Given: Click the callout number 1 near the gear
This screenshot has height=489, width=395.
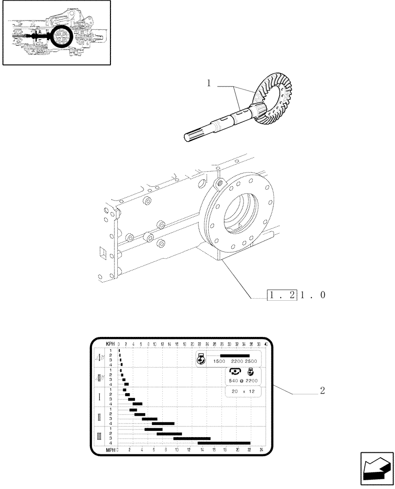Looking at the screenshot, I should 209,84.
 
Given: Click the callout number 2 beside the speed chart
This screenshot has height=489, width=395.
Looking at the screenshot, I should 322,391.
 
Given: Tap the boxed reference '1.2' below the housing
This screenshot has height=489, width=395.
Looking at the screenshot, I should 283,295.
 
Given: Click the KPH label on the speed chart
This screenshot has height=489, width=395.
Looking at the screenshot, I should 110,344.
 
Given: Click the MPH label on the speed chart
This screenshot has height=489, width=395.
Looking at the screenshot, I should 110,449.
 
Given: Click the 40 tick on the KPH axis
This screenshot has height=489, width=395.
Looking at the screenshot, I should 266,344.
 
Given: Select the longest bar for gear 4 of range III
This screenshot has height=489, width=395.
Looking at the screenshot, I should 224,443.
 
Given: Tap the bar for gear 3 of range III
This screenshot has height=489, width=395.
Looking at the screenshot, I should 192,438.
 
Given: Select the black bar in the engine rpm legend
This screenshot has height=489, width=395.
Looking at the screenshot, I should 235,356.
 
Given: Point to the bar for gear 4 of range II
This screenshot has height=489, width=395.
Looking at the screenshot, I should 163,423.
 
